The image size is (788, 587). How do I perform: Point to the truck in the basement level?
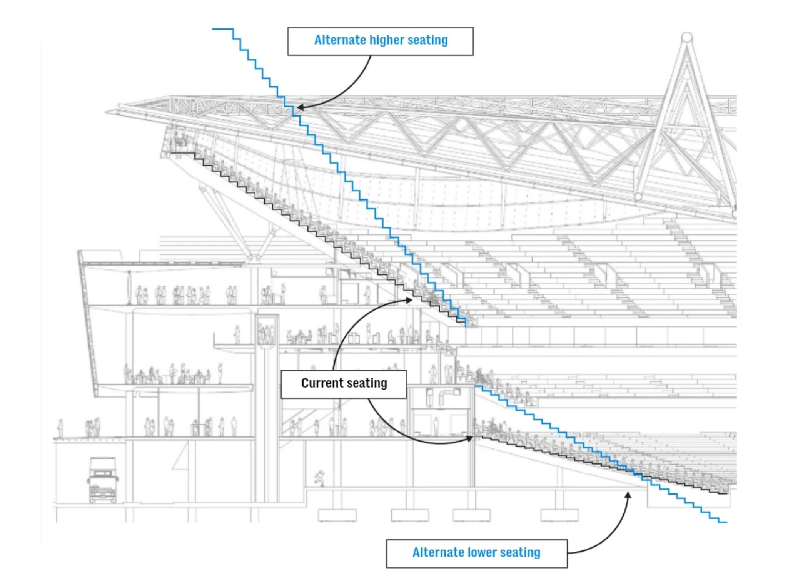pos(102,480)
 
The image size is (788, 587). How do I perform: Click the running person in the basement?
pos(319,478)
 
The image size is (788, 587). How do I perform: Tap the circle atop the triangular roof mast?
pos(687,38)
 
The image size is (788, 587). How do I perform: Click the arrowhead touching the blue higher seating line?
pos(300,108)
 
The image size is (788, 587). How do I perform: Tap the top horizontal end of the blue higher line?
pos(222,29)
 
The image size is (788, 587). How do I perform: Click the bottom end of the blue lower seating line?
pos(723,522)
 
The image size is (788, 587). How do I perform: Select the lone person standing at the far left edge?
pos(60,428)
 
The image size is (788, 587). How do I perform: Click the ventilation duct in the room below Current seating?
pos(443,396)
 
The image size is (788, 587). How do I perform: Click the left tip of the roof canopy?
pos(107,112)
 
